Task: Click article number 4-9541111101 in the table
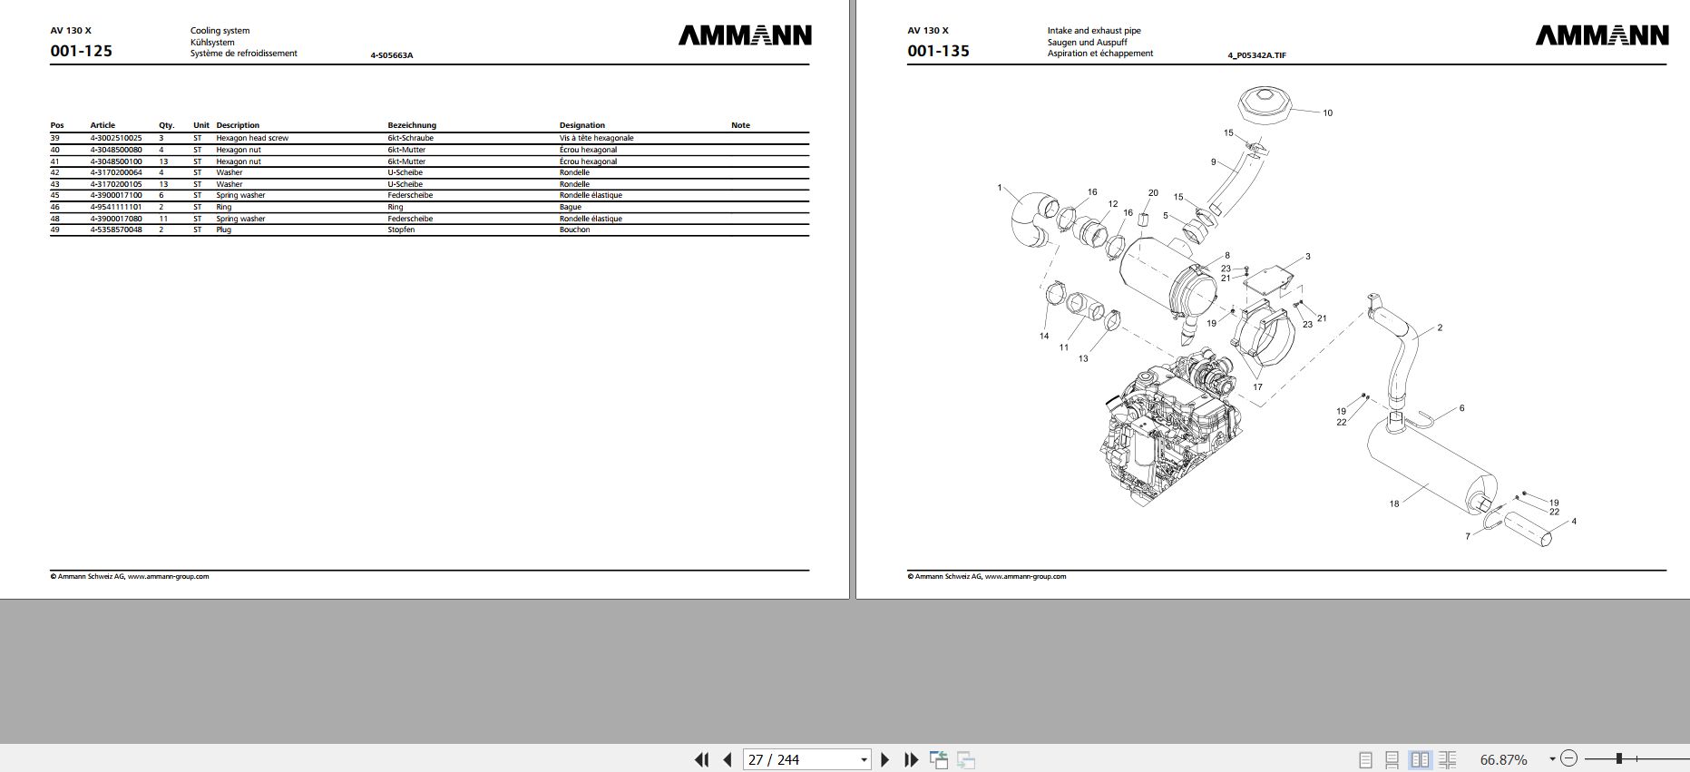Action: [115, 207]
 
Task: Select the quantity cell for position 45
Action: [161, 195]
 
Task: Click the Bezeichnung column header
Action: [412, 125]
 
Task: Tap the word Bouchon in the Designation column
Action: [574, 230]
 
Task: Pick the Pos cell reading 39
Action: [55, 138]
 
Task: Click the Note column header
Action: [740, 125]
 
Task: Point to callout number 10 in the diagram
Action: [1327, 113]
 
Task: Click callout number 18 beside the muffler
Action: [1394, 503]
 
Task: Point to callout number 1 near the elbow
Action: [1000, 188]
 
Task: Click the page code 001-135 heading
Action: [938, 51]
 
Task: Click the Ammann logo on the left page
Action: [745, 35]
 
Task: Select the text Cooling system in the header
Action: [220, 31]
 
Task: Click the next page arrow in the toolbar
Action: [885, 759]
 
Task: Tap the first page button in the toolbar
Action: [701, 759]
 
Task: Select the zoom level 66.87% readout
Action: [1503, 759]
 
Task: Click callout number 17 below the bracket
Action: [1257, 387]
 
